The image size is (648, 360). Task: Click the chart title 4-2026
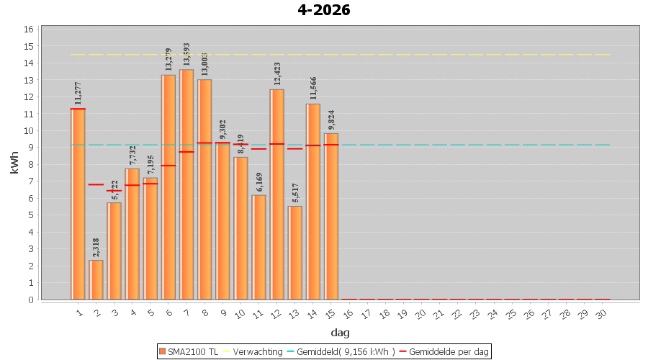coord(323,10)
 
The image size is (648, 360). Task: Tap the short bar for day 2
coord(96,279)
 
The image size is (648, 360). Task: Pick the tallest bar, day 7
coord(186,184)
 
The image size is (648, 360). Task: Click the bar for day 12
coord(277,194)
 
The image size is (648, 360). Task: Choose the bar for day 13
coord(295,253)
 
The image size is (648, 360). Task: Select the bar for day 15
coord(331,216)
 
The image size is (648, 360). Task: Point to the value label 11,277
coord(78,94)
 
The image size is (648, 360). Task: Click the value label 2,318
coord(96,247)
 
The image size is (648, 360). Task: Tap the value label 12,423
coord(277,76)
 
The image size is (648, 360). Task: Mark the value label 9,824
coord(331,120)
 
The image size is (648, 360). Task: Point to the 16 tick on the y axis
coord(29,30)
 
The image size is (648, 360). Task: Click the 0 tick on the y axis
coord(31,300)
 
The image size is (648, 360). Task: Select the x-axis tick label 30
coord(602,313)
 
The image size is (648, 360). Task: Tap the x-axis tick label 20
coord(420,313)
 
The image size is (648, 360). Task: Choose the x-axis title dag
coord(340,332)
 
